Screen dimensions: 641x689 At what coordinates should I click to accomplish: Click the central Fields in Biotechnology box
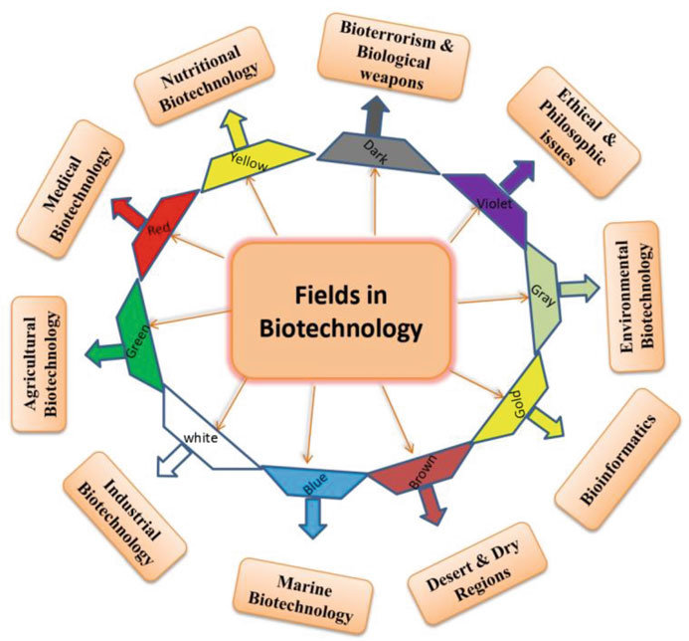point(343,311)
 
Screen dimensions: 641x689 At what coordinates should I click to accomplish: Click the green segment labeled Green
point(140,333)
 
